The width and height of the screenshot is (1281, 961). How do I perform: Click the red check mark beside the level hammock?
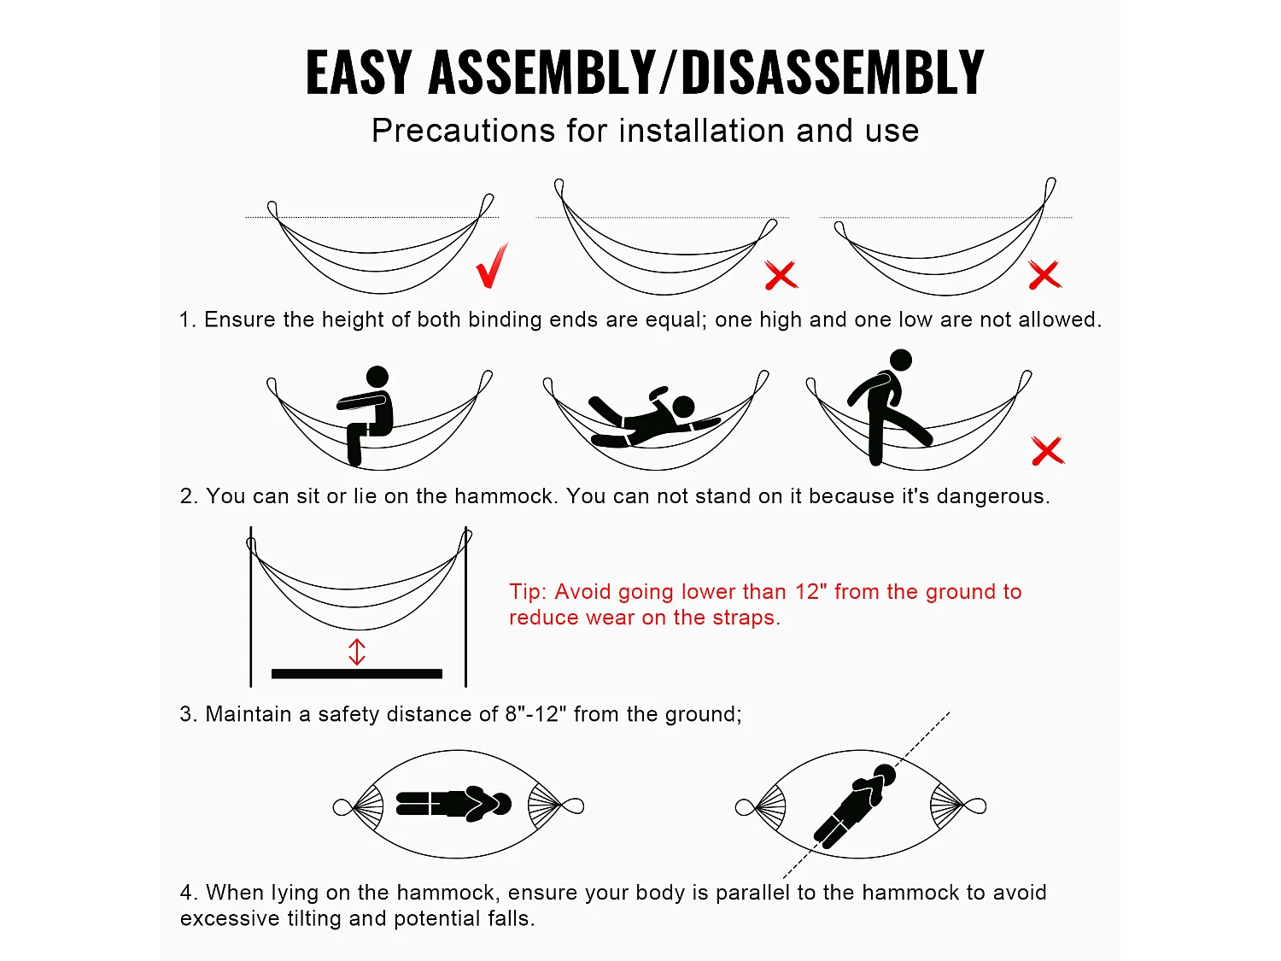(x=491, y=265)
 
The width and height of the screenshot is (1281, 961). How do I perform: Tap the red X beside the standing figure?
(x=1048, y=450)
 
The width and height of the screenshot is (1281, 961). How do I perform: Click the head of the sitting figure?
(x=377, y=377)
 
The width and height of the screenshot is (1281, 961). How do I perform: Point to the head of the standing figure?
(x=900, y=360)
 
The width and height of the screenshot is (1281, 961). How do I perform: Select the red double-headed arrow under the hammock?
(x=357, y=652)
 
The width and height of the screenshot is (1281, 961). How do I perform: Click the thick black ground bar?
(x=357, y=674)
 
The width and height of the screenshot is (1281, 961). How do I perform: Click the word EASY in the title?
(x=359, y=73)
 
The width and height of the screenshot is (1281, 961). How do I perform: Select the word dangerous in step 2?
(x=992, y=496)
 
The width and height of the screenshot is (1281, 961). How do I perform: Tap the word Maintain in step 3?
(x=248, y=714)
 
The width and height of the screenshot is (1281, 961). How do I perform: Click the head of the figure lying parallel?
(x=500, y=804)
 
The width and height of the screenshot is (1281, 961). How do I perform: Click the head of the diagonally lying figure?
(x=885, y=775)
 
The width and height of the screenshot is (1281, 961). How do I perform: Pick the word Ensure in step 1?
(x=239, y=319)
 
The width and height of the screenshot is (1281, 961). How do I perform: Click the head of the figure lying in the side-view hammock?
(x=683, y=407)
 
